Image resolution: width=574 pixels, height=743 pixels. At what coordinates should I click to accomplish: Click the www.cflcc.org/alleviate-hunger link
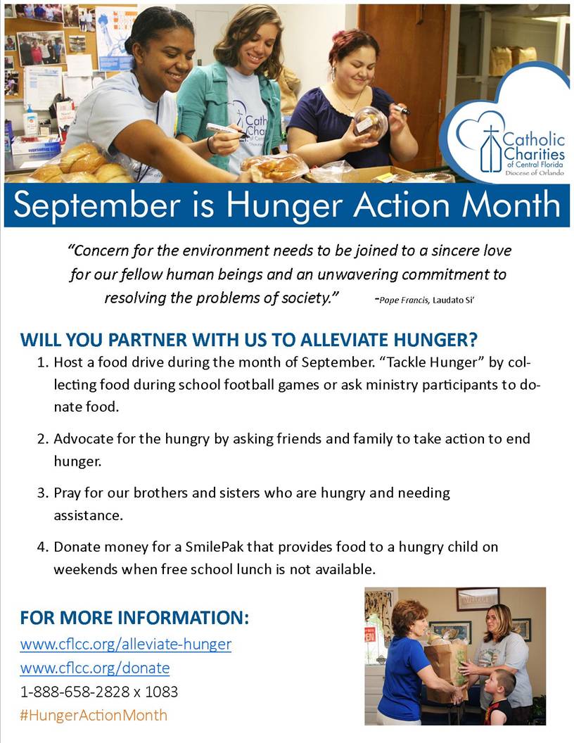pyautogui.click(x=125, y=644)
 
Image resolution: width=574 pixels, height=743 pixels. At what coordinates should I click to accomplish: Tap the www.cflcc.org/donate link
pyautogui.click(x=95, y=668)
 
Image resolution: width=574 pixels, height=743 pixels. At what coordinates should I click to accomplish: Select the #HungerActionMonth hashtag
pyautogui.click(x=94, y=715)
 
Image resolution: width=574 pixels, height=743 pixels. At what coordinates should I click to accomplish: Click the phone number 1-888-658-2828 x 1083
pyautogui.click(x=99, y=692)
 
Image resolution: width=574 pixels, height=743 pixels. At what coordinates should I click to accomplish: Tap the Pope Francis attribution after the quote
pyautogui.click(x=426, y=300)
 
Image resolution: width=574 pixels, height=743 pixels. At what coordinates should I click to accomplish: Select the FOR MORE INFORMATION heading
pyautogui.click(x=134, y=618)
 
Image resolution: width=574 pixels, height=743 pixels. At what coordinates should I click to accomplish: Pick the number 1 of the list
pyautogui.click(x=43, y=362)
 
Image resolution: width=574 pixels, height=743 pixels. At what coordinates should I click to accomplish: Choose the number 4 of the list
pyautogui.click(x=43, y=547)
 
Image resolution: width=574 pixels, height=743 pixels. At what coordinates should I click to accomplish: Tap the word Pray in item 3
pyautogui.click(x=68, y=493)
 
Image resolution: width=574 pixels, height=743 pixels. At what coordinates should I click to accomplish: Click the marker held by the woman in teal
pyautogui.click(x=227, y=129)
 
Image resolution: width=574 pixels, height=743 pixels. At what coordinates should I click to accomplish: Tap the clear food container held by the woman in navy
pyautogui.click(x=369, y=124)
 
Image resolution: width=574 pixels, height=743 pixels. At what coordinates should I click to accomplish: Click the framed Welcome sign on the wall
pyautogui.click(x=478, y=599)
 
